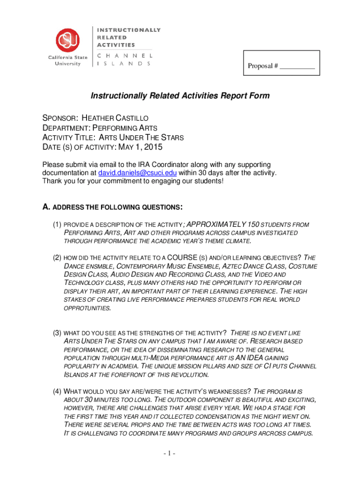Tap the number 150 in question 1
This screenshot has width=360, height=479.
245,224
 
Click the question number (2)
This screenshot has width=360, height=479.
57,258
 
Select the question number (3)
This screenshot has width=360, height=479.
57,333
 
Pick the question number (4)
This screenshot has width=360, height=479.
57,391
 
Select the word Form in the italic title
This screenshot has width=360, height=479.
260,96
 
